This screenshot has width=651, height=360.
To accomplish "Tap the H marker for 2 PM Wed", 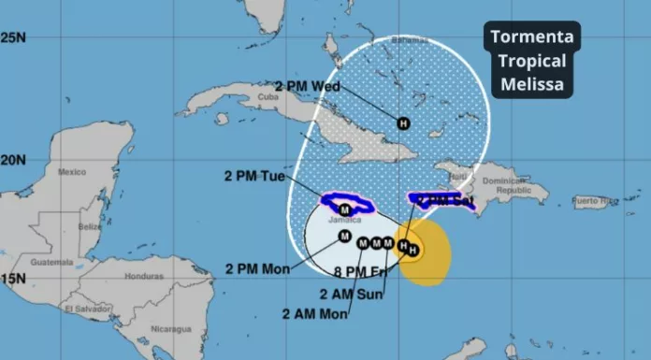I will tap(403, 122).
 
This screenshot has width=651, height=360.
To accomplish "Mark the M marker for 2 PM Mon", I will tap(344, 236).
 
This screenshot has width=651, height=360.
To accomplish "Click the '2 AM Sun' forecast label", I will tap(348, 293).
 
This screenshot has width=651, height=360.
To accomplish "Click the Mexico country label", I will tap(72, 172).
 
